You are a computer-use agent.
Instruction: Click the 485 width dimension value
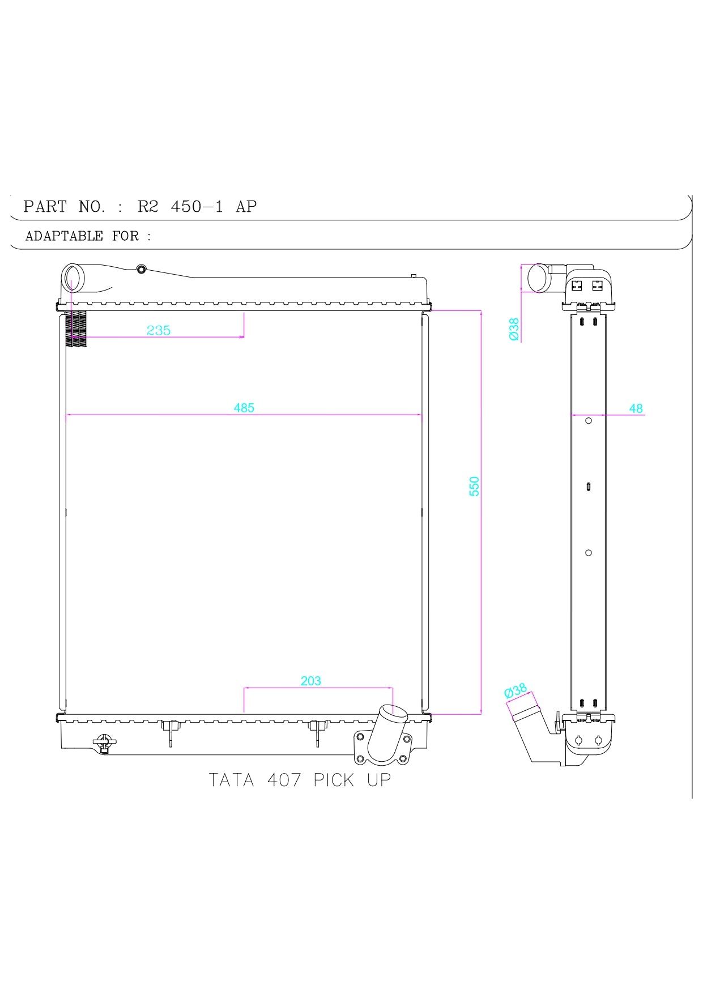pyautogui.click(x=244, y=408)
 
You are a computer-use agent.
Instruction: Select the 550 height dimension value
pyautogui.click(x=474, y=486)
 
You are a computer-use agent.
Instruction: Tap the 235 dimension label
pyautogui.click(x=159, y=330)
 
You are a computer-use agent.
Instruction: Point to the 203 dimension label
pyautogui.click(x=310, y=681)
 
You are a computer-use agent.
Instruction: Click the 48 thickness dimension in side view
pyautogui.click(x=636, y=408)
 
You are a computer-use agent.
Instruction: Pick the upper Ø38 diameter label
pyautogui.click(x=514, y=329)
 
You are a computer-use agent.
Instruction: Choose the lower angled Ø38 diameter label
pyautogui.click(x=515, y=691)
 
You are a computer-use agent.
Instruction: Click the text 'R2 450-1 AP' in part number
pyautogui.click(x=197, y=207)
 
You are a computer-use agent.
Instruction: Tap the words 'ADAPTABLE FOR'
pyautogui.click(x=82, y=236)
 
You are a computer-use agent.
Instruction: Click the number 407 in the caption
pyautogui.click(x=284, y=780)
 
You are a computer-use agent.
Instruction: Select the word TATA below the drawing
pyautogui.click(x=231, y=780)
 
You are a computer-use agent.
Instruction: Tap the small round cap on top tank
pyautogui.click(x=141, y=269)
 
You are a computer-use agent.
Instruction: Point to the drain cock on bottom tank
pyautogui.click(x=104, y=743)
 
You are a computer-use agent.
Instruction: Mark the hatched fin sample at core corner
pyautogui.click(x=76, y=329)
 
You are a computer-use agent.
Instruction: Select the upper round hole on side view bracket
pyautogui.click(x=588, y=421)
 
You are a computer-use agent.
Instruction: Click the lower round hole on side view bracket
pyautogui.click(x=588, y=553)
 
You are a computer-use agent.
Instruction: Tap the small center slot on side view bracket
pyautogui.click(x=589, y=487)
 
